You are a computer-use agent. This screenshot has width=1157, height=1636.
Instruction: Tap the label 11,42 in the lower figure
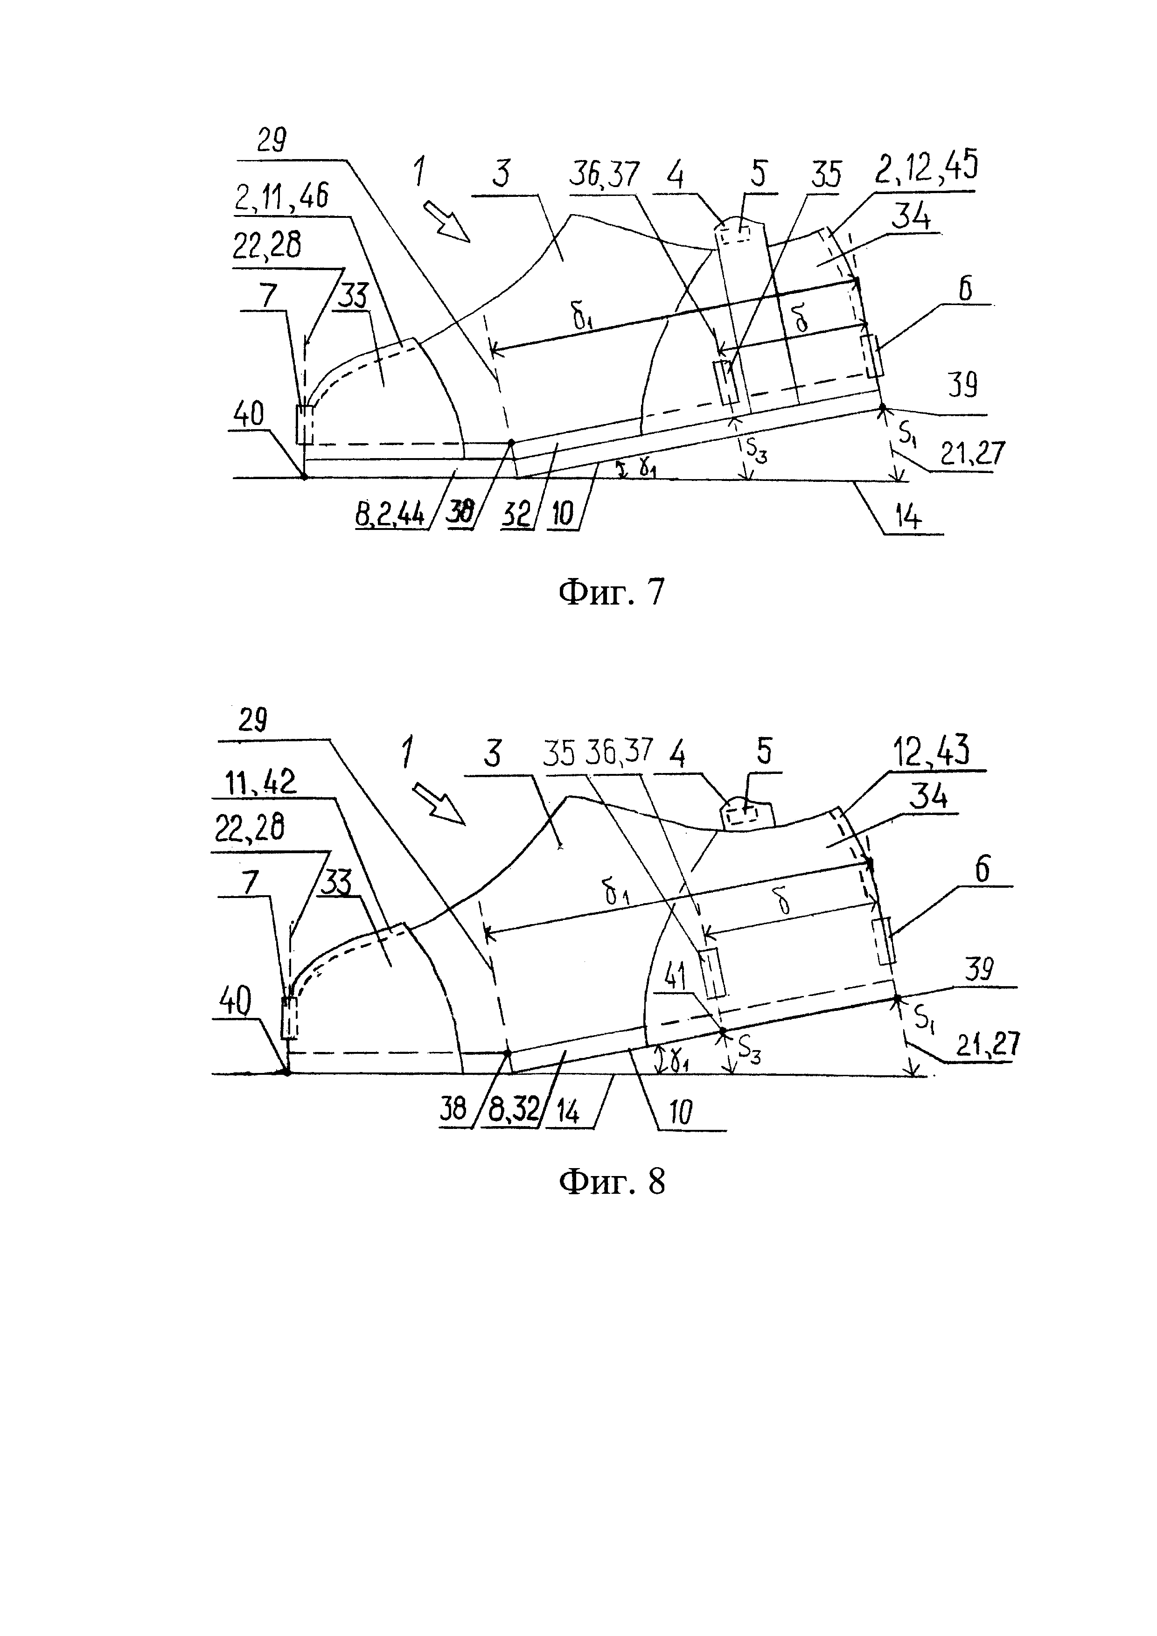(260, 784)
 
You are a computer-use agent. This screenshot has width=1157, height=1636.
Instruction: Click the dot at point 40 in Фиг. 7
(304, 476)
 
